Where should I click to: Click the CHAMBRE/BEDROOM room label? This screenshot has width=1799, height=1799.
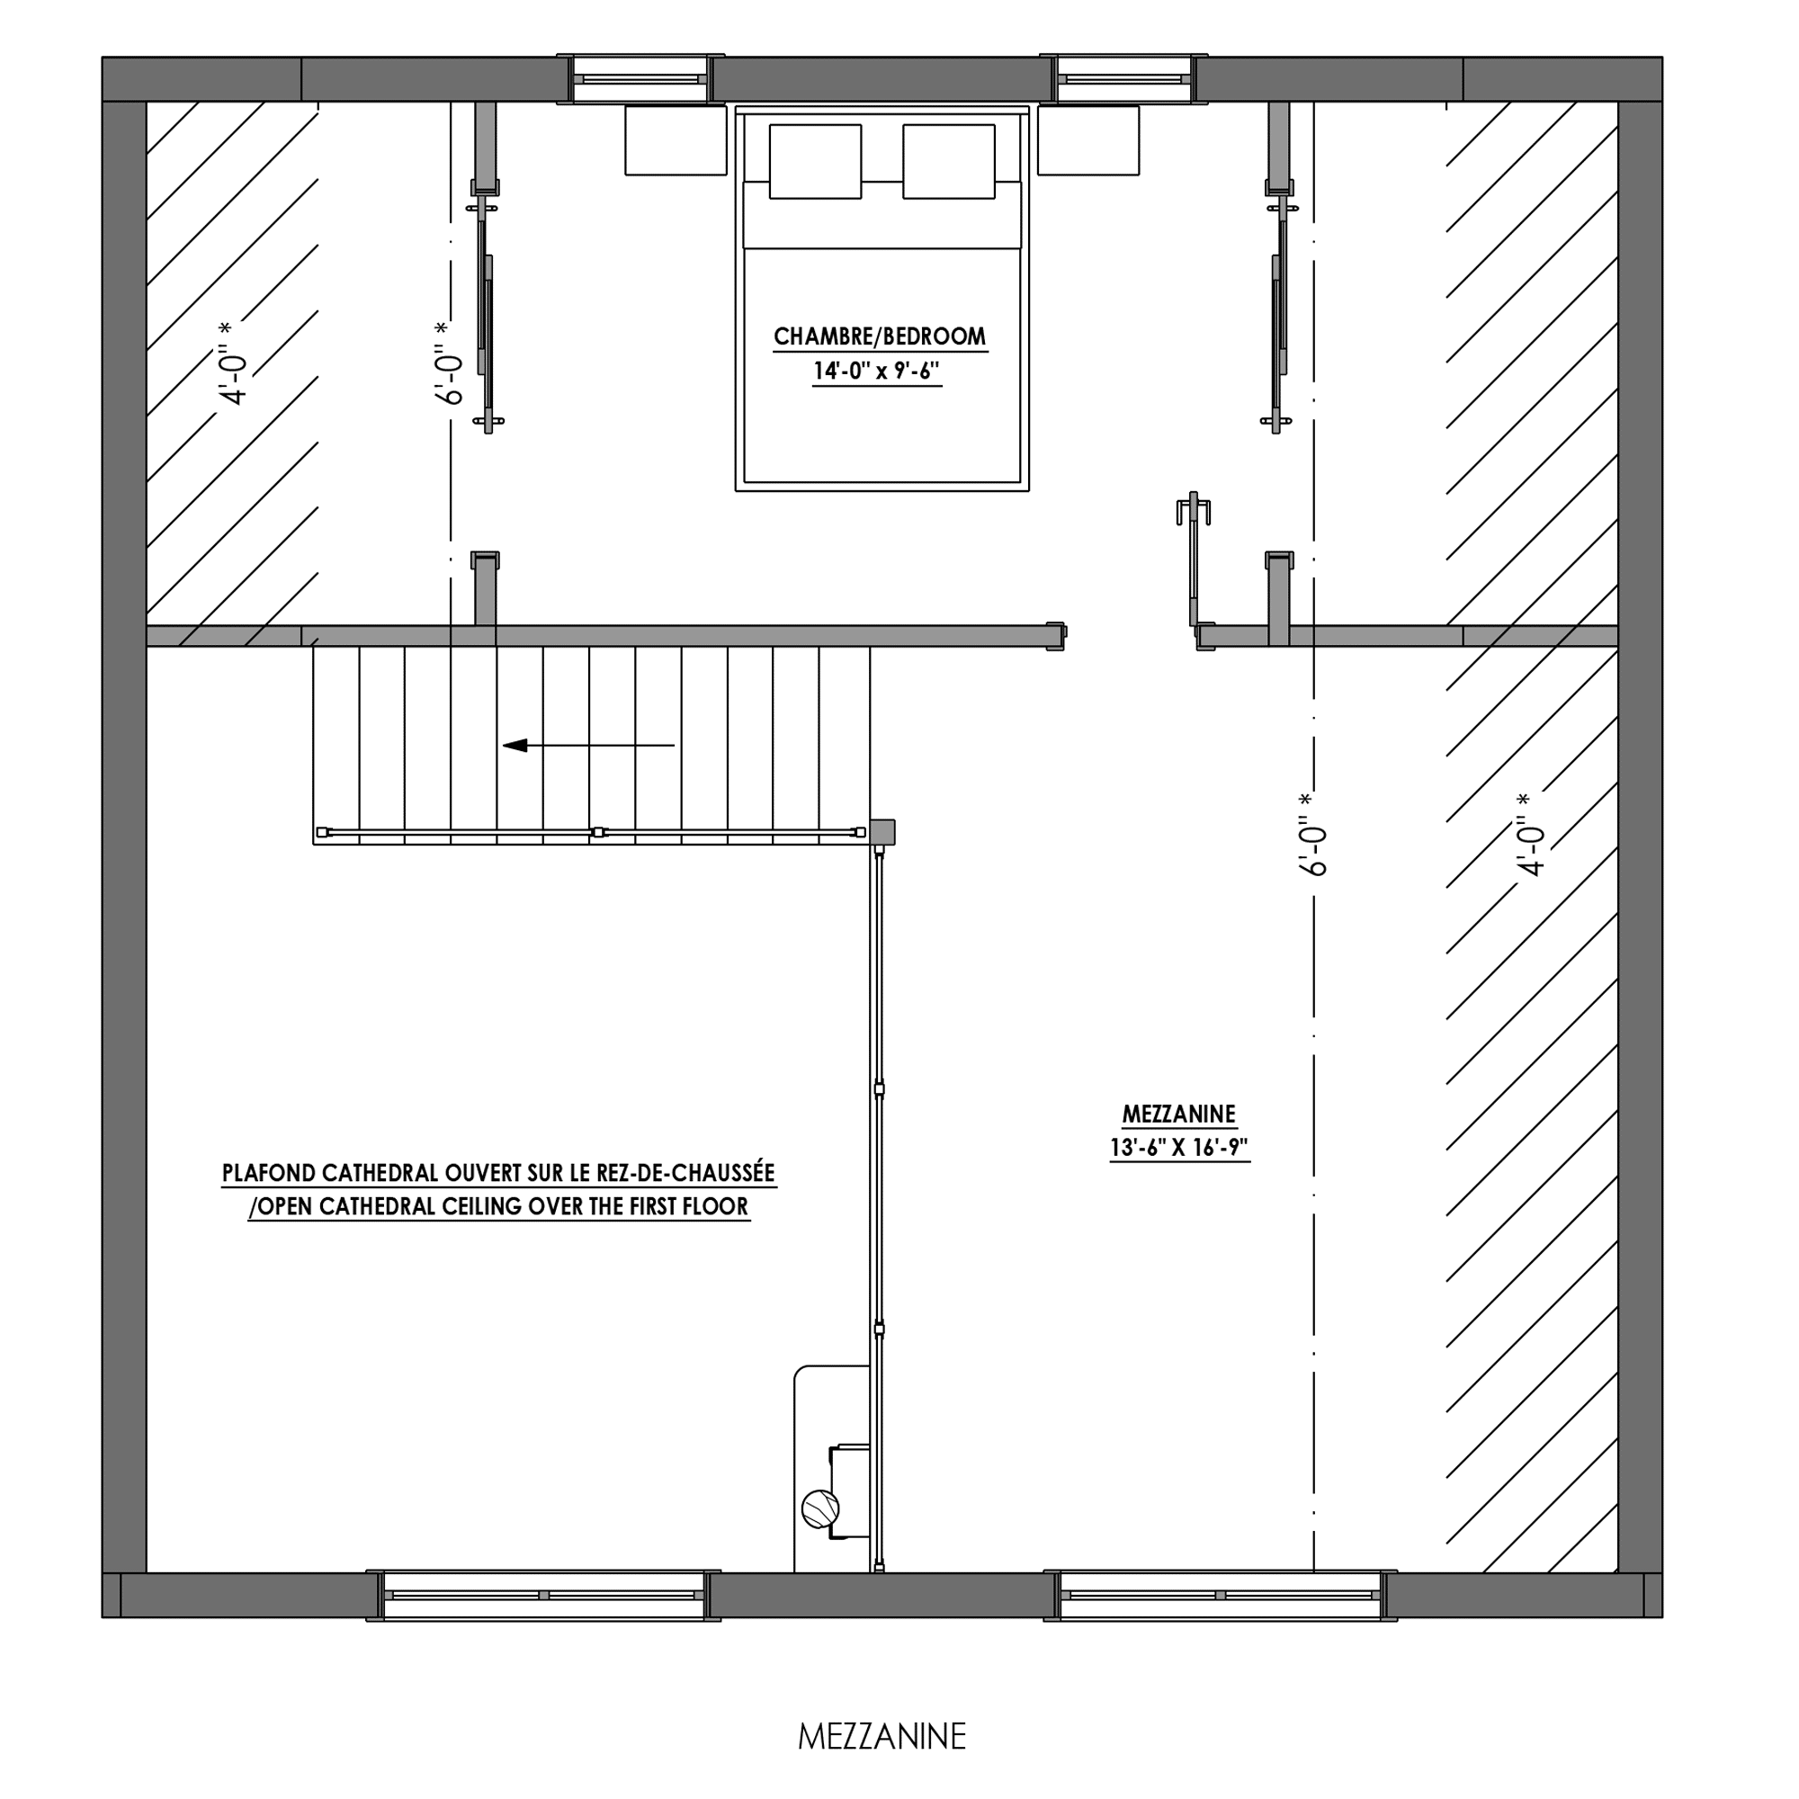click(x=880, y=336)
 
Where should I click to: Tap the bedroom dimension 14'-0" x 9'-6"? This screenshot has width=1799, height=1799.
click(x=877, y=371)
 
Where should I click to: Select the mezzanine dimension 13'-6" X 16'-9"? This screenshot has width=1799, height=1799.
click(x=1179, y=1148)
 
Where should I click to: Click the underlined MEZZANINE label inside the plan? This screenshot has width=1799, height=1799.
click(x=1179, y=1114)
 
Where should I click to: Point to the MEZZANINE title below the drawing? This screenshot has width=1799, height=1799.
click(x=882, y=1737)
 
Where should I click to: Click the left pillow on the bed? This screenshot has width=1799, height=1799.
click(x=815, y=161)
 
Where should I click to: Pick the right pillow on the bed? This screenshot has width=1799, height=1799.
click(x=949, y=161)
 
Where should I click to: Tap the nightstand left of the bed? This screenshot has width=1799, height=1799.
click(x=676, y=139)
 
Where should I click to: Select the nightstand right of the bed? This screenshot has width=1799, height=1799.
click(x=1088, y=139)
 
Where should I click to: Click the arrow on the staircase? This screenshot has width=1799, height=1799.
click(x=588, y=745)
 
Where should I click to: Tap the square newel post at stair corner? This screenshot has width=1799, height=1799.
click(x=882, y=831)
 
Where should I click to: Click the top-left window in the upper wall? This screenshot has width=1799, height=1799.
click(x=640, y=79)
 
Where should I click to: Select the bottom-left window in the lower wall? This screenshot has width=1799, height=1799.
click(x=544, y=1595)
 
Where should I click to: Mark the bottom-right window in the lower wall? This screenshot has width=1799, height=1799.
click(x=1220, y=1595)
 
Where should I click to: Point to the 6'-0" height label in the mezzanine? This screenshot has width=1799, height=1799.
click(x=1311, y=835)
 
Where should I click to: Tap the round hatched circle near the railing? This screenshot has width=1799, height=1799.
click(x=820, y=1508)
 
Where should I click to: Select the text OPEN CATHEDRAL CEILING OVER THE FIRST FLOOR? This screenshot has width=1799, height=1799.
click(x=502, y=1207)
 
